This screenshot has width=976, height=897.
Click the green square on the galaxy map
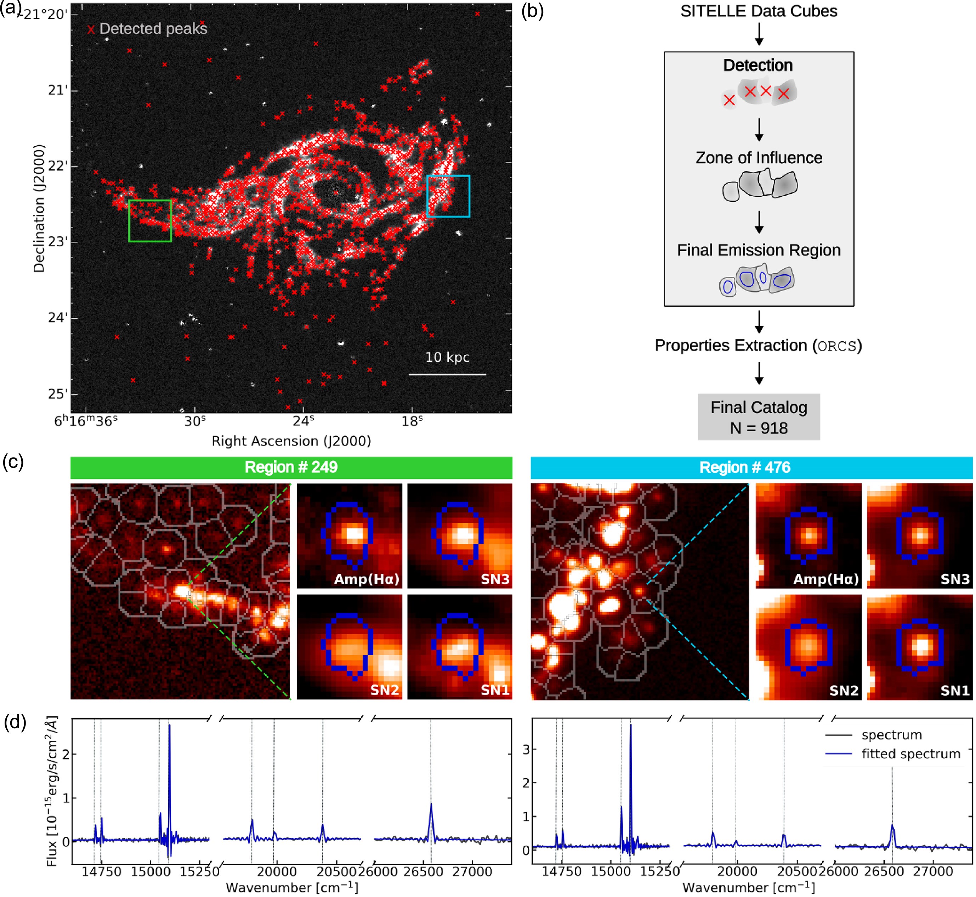[x=150, y=221]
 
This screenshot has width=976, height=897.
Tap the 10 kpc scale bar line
[x=447, y=374]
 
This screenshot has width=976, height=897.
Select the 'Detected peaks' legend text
[x=153, y=29]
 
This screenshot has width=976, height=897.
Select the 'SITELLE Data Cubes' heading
[x=759, y=11]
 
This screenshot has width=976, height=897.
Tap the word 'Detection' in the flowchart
[x=758, y=65]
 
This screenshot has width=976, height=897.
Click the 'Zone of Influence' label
[x=759, y=158]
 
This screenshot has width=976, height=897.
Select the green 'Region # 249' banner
[x=291, y=467]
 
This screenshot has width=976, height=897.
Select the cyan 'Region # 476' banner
[x=751, y=467]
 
